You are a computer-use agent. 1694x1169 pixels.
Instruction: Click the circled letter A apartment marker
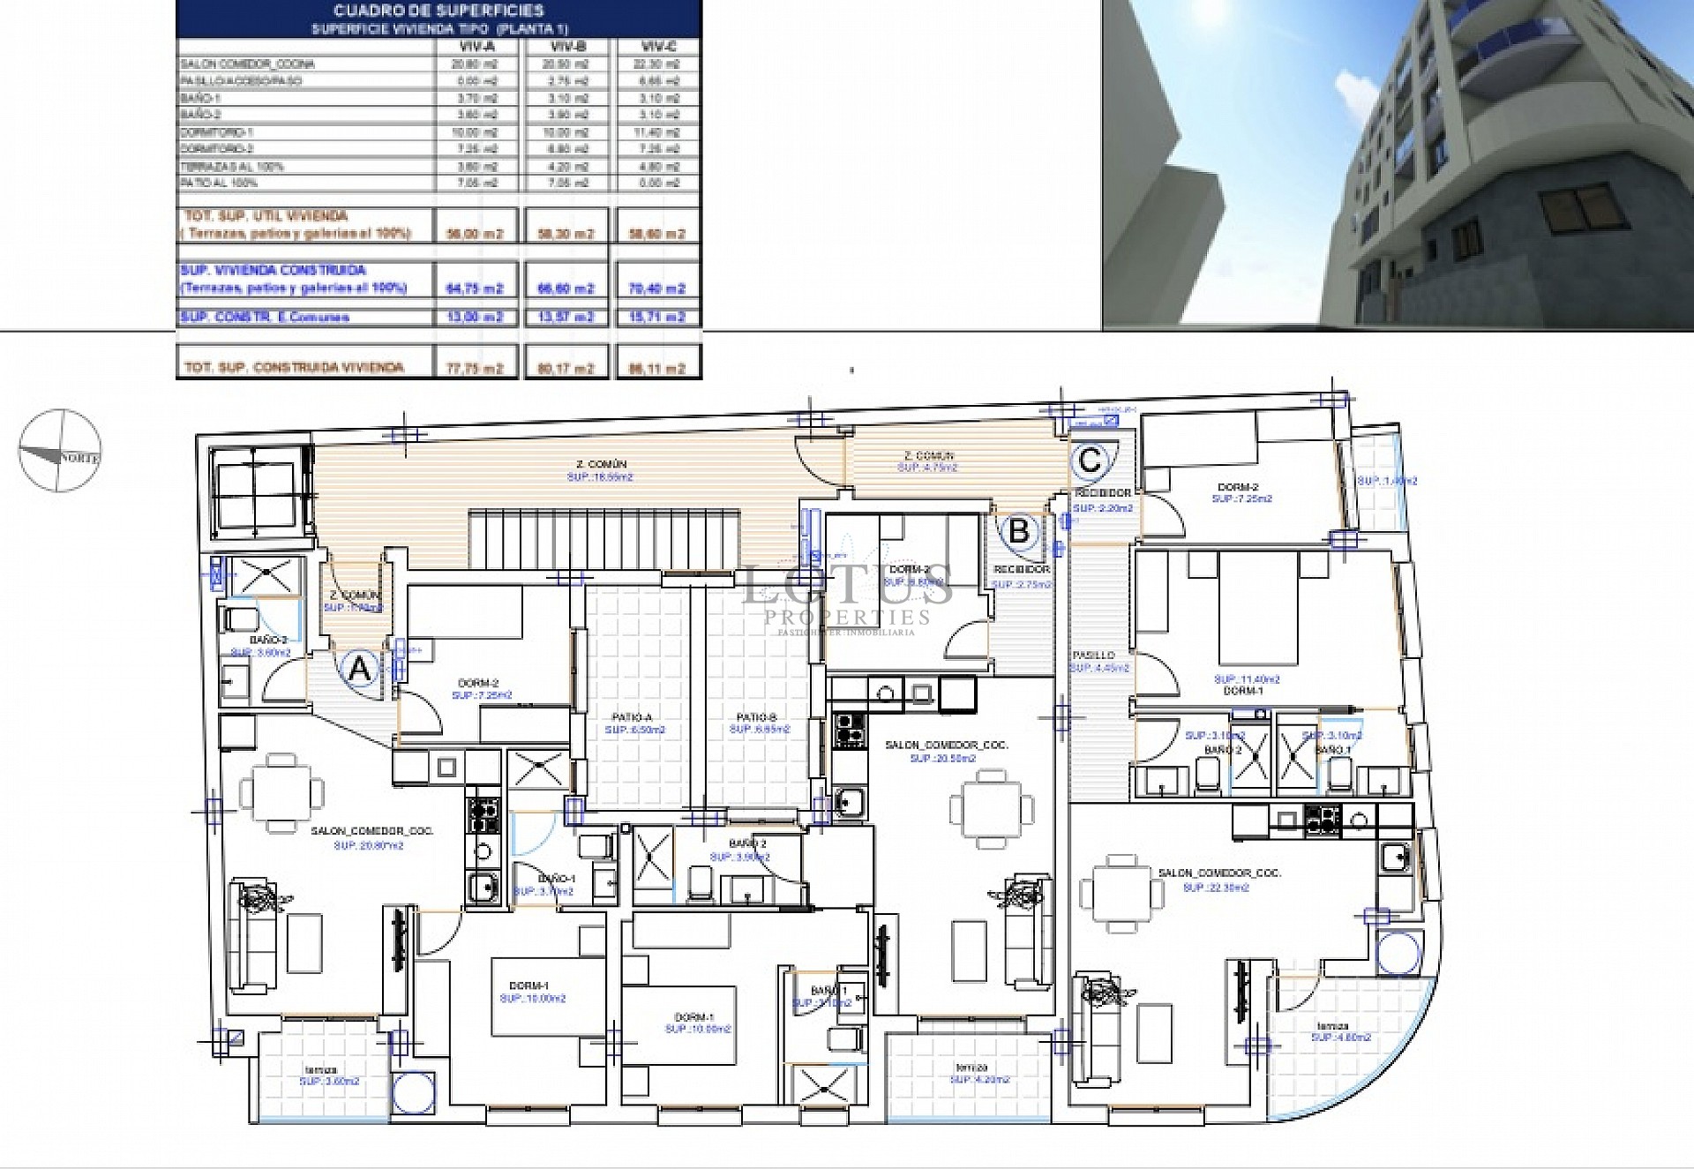tap(360, 670)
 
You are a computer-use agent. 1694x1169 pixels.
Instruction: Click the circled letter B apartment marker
tap(1019, 531)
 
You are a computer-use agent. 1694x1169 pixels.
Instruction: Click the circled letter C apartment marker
tap(1091, 460)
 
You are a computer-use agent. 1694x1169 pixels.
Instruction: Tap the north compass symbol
tap(60, 450)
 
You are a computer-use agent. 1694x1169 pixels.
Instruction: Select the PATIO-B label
tap(757, 718)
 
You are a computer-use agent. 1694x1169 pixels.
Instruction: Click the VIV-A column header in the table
tap(477, 47)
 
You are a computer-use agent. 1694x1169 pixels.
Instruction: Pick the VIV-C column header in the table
tap(656, 47)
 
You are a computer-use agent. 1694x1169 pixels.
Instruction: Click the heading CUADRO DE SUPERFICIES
tap(438, 11)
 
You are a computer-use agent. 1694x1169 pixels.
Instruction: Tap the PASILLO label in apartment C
tap(1094, 656)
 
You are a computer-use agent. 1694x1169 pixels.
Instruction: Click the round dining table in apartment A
tap(281, 792)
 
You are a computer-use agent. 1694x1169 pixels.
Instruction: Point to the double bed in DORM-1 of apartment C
tap(1260, 609)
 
